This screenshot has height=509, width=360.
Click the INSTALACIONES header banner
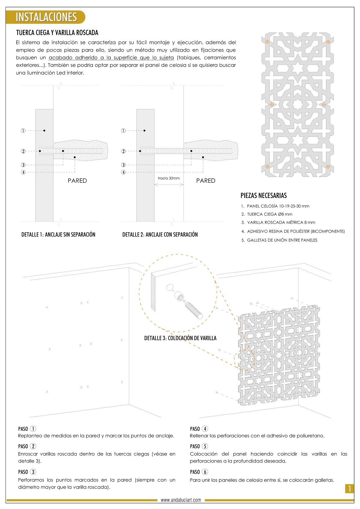tap(46, 17)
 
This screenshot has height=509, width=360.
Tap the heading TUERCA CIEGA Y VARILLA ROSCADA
tap(57, 32)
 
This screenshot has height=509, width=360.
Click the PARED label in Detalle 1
tap(77, 181)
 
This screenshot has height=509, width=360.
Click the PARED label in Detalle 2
tap(206, 181)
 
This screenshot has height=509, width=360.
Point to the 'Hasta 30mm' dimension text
tap(169, 178)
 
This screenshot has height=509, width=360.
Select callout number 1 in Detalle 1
tap(23, 131)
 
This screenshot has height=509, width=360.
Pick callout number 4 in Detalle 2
tap(123, 173)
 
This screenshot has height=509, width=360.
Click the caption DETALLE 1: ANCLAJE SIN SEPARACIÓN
tap(58, 235)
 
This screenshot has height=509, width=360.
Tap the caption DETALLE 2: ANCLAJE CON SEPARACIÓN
tap(160, 235)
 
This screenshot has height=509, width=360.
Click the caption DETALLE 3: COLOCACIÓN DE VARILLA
tap(180, 338)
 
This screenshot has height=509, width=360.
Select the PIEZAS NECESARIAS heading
tap(264, 195)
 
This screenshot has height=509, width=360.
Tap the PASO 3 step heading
tap(27, 472)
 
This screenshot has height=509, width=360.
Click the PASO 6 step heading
tap(199, 472)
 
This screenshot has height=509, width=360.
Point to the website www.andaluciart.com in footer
tap(181, 500)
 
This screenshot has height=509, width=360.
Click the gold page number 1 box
tap(350, 489)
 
